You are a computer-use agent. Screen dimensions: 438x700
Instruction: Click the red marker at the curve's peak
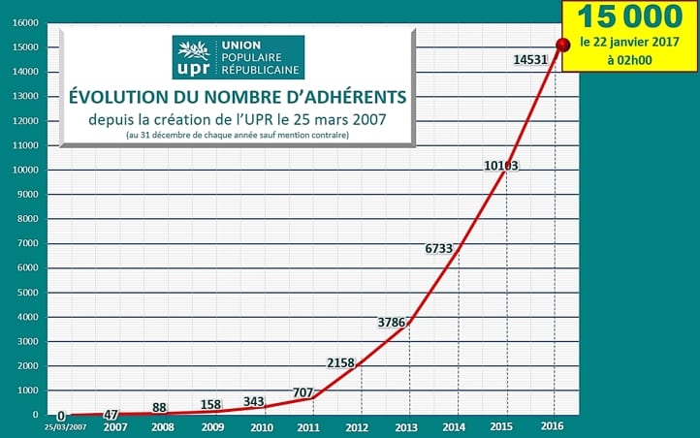point(562,44)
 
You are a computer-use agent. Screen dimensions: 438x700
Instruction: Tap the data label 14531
point(529,60)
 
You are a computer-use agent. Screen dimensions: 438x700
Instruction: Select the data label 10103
point(501,166)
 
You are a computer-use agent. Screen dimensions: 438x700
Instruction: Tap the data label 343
point(255,401)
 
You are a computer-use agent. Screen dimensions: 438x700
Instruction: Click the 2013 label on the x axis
point(407,425)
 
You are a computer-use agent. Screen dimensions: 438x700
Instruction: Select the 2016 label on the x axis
point(554,425)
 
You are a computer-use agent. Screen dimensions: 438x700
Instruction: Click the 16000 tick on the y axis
point(24,22)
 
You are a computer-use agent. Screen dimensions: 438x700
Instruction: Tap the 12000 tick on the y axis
point(24,120)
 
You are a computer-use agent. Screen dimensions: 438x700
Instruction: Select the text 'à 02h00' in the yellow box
point(630,60)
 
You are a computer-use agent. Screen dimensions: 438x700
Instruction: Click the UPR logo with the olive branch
point(193,57)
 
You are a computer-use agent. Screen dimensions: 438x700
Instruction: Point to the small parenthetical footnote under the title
point(237,135)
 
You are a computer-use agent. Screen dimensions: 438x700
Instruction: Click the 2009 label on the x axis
point(211,425)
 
